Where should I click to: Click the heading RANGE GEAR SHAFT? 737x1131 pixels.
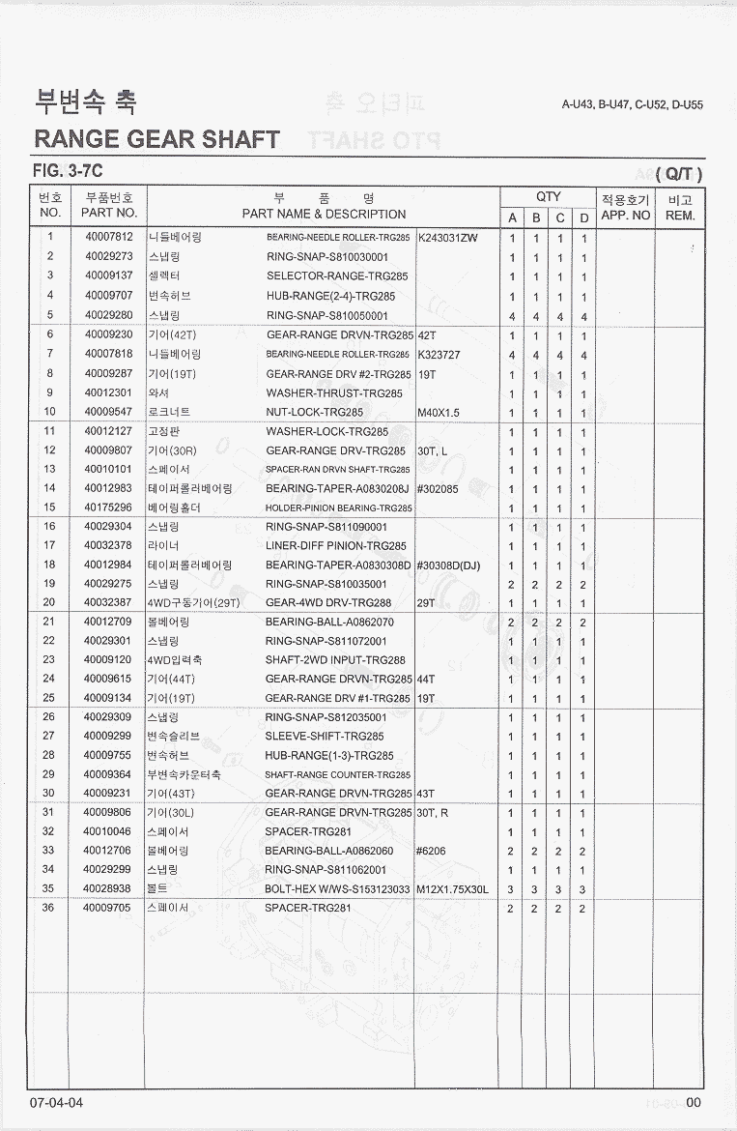156,139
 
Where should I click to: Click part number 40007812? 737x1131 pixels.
108,238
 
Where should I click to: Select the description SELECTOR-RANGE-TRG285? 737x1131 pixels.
337,276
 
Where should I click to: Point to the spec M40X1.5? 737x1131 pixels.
439,413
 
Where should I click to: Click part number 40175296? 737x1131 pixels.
108,507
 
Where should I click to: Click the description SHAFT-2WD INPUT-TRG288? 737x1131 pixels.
335,660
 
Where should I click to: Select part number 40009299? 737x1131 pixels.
108,737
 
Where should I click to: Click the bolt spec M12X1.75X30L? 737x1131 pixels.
453,889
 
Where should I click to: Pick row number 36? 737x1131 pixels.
49,909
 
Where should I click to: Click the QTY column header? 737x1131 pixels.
549,196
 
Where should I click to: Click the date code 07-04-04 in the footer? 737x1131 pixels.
56,1103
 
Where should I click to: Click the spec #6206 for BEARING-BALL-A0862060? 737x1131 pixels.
431,852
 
